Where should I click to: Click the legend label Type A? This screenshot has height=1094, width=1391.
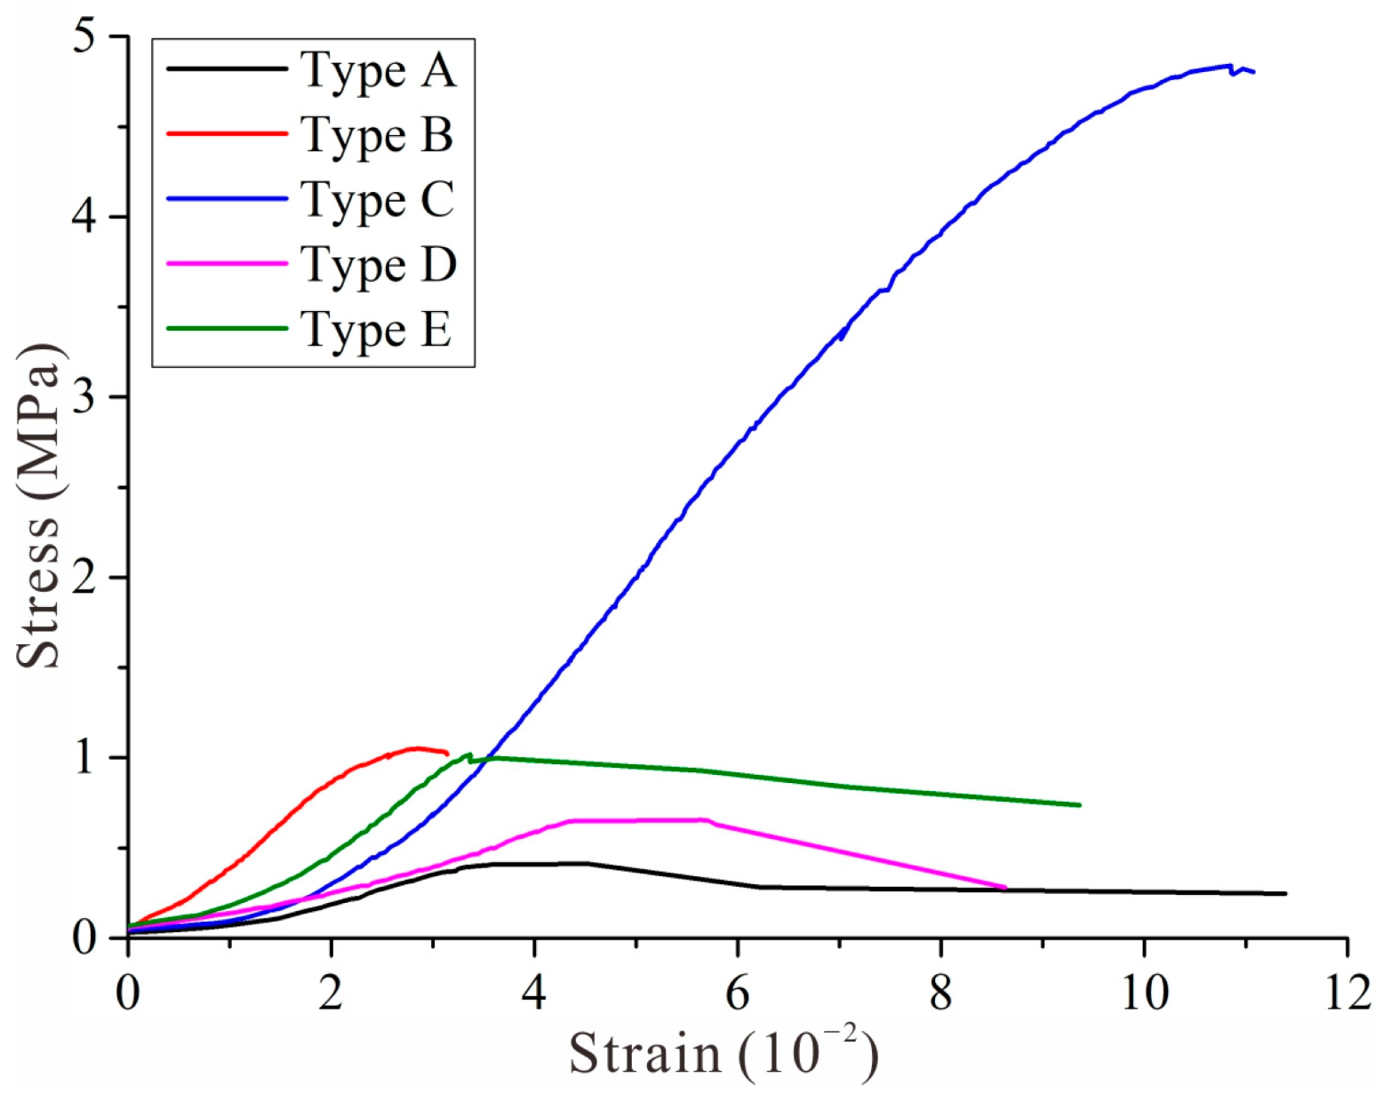pyautogui.click(x=378, y=70)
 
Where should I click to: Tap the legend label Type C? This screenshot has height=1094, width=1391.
pyautogui.click(x=377, y=200)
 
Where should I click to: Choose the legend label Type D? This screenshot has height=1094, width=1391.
pyautogui.click(x=378, y=265)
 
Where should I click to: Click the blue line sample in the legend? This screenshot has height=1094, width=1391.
pyautogui.click(x=228, y=199)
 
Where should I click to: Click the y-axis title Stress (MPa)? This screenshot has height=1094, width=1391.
pyautogui.click(x=39, y=505)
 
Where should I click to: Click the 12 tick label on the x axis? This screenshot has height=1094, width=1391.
pyautogui.click(x=1346, y=992)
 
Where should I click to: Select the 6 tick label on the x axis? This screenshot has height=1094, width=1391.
pyautogui.click(x=737, y=992)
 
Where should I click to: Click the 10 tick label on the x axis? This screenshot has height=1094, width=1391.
pyautogui.click(x=1143, y=992)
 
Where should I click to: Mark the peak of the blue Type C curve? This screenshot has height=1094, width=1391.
pyautogui.click(x=1228, y=65)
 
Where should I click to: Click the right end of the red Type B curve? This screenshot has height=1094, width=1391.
pyautogui.click(x=447, y=754)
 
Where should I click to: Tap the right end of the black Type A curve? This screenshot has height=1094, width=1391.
pyautogui.click(x=1285, y=893)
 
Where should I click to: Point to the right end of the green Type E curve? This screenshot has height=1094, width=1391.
pyautogui.click(x=1080, y=805)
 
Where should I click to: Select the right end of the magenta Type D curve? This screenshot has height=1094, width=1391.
pyautogui.click(x=1005, y=887)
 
